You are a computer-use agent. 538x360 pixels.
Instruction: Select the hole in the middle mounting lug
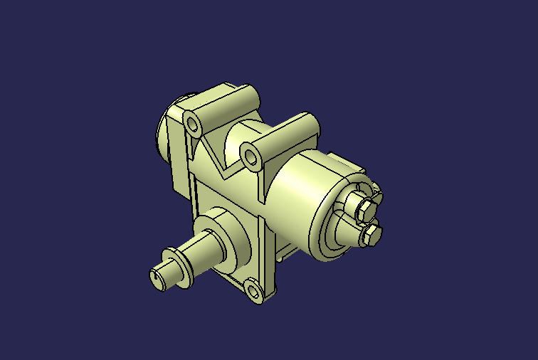(251, 154)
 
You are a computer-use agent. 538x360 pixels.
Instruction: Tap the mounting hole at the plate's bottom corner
(253, 289)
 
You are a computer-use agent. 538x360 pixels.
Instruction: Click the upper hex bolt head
(364, 207)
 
